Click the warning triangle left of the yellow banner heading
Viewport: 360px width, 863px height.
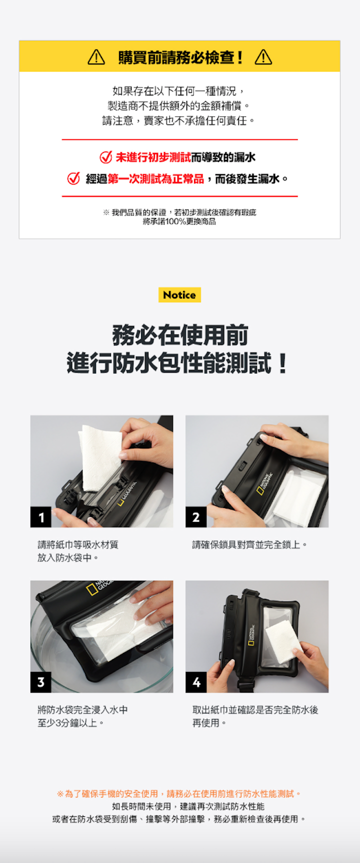(x=96, y=57)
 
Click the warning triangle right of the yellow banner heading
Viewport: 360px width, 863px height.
(x=263, y=57)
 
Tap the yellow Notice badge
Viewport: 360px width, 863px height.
(x=179, y=295)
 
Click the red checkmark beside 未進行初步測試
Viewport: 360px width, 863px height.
(x=105, y=157)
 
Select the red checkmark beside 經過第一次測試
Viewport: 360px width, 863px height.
(x=73, y=178)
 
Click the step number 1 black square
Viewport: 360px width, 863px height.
(x=41, y=517)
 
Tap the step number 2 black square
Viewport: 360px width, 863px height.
(x=196, y=517)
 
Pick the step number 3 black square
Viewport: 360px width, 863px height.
(x=41, y=682)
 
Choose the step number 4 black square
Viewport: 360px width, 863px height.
(x=196, y=682)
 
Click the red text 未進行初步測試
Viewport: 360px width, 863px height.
(x=153, y=157)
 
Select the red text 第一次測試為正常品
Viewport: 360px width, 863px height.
(x=156, y=178)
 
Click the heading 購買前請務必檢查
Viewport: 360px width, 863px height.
(x=180, y=57)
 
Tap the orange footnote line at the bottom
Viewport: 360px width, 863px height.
(x=179, y=793)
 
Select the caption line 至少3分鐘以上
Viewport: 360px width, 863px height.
(x=70, y=723)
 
